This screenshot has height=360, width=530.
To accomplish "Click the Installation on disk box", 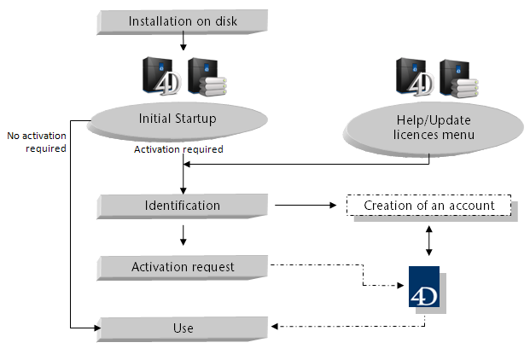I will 183,20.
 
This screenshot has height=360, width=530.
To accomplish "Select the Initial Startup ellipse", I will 178,119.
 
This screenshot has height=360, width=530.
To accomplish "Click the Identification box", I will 183,206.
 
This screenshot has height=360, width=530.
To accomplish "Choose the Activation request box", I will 183,267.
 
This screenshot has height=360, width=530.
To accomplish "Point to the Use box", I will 183,328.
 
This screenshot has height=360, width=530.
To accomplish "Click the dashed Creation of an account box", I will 428,206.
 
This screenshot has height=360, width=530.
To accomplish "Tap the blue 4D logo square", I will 423,290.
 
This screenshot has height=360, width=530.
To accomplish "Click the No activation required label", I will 37,141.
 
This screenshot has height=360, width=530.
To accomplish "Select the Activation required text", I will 178,149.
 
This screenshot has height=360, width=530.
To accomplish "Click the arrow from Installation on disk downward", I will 183,43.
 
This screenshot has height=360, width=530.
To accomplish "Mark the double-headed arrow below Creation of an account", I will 428,241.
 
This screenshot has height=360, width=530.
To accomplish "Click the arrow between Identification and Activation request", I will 183,235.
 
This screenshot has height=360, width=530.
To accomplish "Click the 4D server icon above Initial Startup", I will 159,75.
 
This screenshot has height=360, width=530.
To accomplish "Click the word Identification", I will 183,206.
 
